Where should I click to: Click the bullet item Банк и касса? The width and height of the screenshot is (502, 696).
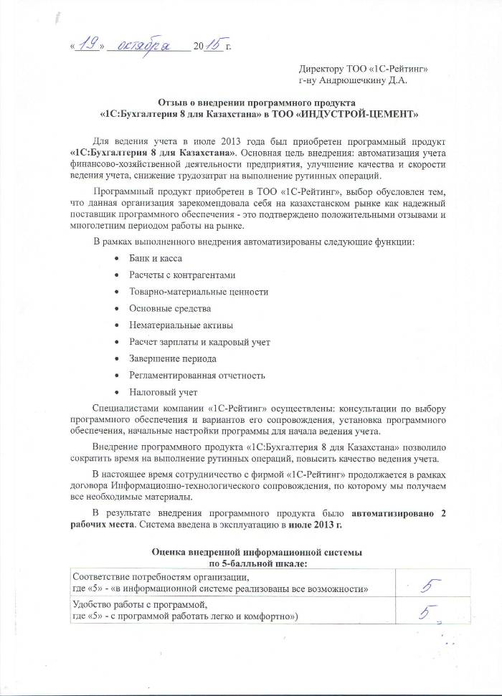coord(156,257)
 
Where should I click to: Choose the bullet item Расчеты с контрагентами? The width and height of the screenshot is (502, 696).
coord(181,275)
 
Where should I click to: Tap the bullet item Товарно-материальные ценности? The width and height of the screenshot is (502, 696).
coord(199,292)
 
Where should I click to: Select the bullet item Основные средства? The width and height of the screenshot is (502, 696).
coord(170,308)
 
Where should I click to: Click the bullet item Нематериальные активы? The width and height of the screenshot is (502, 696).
coord(180,325)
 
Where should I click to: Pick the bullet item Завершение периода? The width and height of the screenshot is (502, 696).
coord(172,358)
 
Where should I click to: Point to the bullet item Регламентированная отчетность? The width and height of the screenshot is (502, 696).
coord(197,375)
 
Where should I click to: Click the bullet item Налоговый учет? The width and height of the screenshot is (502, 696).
coord(163,392)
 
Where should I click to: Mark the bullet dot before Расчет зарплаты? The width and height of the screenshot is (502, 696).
coord(116,342)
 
